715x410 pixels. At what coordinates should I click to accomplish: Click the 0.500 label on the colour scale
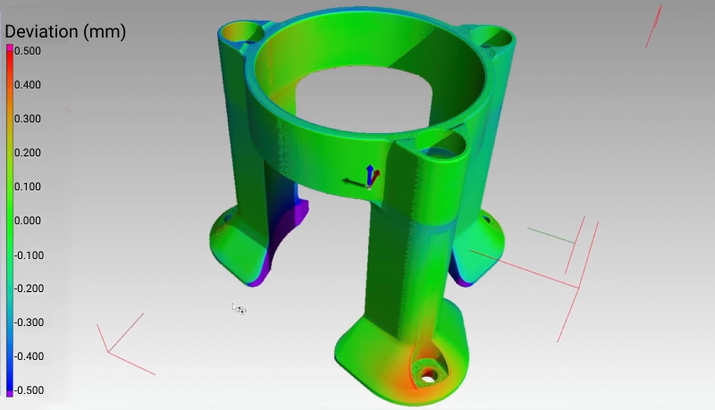pos(28,51)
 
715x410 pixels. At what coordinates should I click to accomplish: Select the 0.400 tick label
pos(28,85)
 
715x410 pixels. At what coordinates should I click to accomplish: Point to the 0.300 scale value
pos(28,119)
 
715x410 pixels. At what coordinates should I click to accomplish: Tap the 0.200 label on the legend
pos(28,153)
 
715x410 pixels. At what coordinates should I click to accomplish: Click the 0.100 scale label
pos(28,187)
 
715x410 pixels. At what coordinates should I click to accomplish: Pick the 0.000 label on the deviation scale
pos(28,221)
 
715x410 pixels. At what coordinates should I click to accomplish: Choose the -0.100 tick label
pos(28,255)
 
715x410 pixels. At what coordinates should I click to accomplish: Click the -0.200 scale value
pos(28,289)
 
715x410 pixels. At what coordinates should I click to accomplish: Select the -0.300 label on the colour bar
pos(28,322)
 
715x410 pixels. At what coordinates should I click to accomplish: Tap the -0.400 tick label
pos(28,356)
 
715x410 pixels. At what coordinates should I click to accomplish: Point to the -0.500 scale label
pos(28,390)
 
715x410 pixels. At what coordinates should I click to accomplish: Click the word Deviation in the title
pos(41,32)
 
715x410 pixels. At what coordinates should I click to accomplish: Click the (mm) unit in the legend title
pos(104,32)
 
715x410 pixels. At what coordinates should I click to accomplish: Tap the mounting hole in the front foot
pos(428,374)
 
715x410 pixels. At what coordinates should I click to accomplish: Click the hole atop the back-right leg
pos(491,37)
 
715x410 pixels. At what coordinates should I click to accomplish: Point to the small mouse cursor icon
pos(239,309)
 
